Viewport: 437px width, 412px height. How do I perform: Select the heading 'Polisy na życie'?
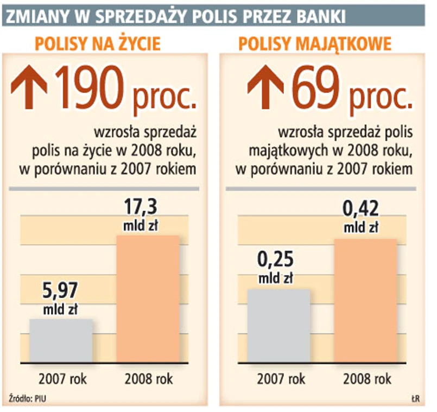point(98,43)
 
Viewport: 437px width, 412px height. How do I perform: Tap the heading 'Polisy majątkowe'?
point(315,43)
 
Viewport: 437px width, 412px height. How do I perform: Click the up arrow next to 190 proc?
point(30,86)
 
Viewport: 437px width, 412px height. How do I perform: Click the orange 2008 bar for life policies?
point(148,299)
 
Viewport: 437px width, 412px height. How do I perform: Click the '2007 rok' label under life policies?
point(63,378)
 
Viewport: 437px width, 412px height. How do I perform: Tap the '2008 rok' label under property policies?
point(367,378)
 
